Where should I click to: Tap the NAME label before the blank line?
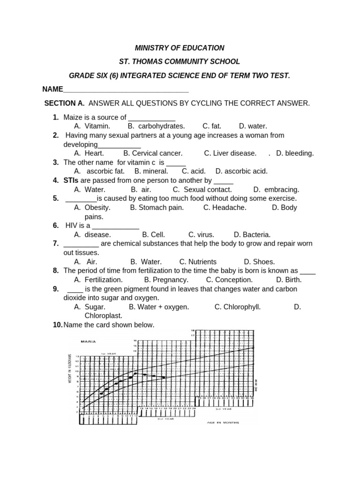click(x=52, y=89)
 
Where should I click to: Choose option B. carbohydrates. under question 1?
click(x=156, y=126)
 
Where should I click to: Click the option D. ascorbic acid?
click(x=241, y=172)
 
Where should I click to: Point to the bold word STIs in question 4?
click(x=71, y=180)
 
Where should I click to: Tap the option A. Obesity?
click(x=92, y=208)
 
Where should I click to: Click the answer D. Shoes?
click(x=259, y=262)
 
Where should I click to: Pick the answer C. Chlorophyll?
click(x=237, y=307)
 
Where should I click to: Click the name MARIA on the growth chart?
click(x=89, y=342)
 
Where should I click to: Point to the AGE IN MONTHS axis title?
click(x=223, y=422)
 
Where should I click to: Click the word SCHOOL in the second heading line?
click(x=224, y=61)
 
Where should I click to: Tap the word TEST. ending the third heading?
click(x=280, y=75)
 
